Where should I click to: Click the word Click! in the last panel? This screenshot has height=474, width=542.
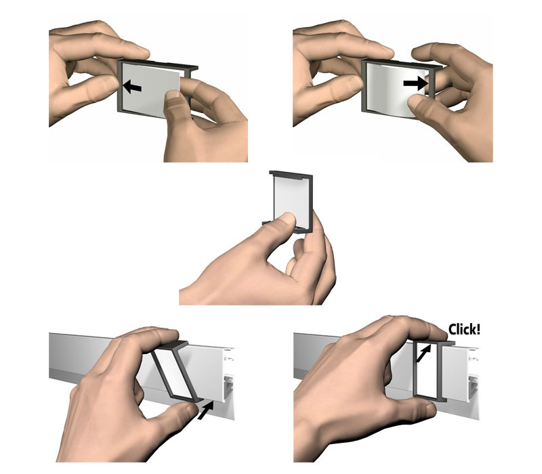click(x=464, y=329)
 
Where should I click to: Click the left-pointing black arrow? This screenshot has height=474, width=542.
click(x=132, y=87)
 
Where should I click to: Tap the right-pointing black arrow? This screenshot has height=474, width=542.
click(x=415, y=83)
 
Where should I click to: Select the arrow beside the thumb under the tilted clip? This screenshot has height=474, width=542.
click(x=205, y=410)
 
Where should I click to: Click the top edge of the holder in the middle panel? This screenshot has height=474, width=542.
click(x=291, y=174)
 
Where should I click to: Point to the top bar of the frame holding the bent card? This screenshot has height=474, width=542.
click(x=402, y=63)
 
